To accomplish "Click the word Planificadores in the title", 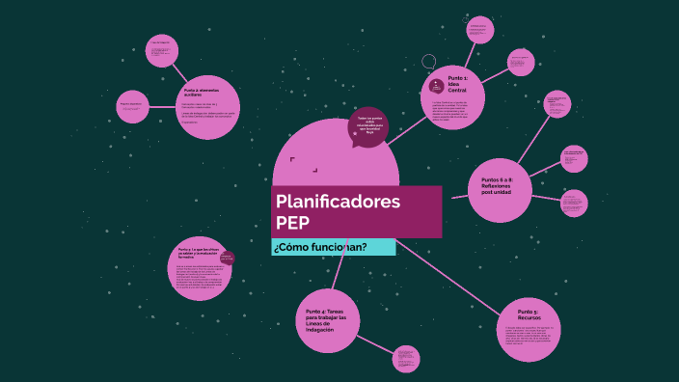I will click(x=338, y=202).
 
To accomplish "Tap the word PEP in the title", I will click(x=293, y=222).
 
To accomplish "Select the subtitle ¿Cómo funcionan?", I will click(x=319, y=248).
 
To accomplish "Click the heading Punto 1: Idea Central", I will click(x=458, y=83).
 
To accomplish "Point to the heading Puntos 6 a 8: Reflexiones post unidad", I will click(x=498, y=184).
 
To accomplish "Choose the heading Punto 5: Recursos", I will click(x=528, y=314).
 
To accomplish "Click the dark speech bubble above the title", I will click(x=371, y=124).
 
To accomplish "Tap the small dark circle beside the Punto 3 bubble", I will click(x=228, y=258).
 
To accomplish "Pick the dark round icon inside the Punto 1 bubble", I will click(x=437, y=85).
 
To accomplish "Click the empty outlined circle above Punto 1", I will click(x=429, y=62).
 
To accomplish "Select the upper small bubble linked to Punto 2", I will click(x=161, y=51).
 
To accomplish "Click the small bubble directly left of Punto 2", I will click(x=132, y=106).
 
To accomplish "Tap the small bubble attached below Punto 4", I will click(x=408, y=359).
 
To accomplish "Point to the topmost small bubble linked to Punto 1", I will click(x=479, y=29).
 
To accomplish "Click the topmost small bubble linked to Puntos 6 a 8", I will click(x=557, y=104).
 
